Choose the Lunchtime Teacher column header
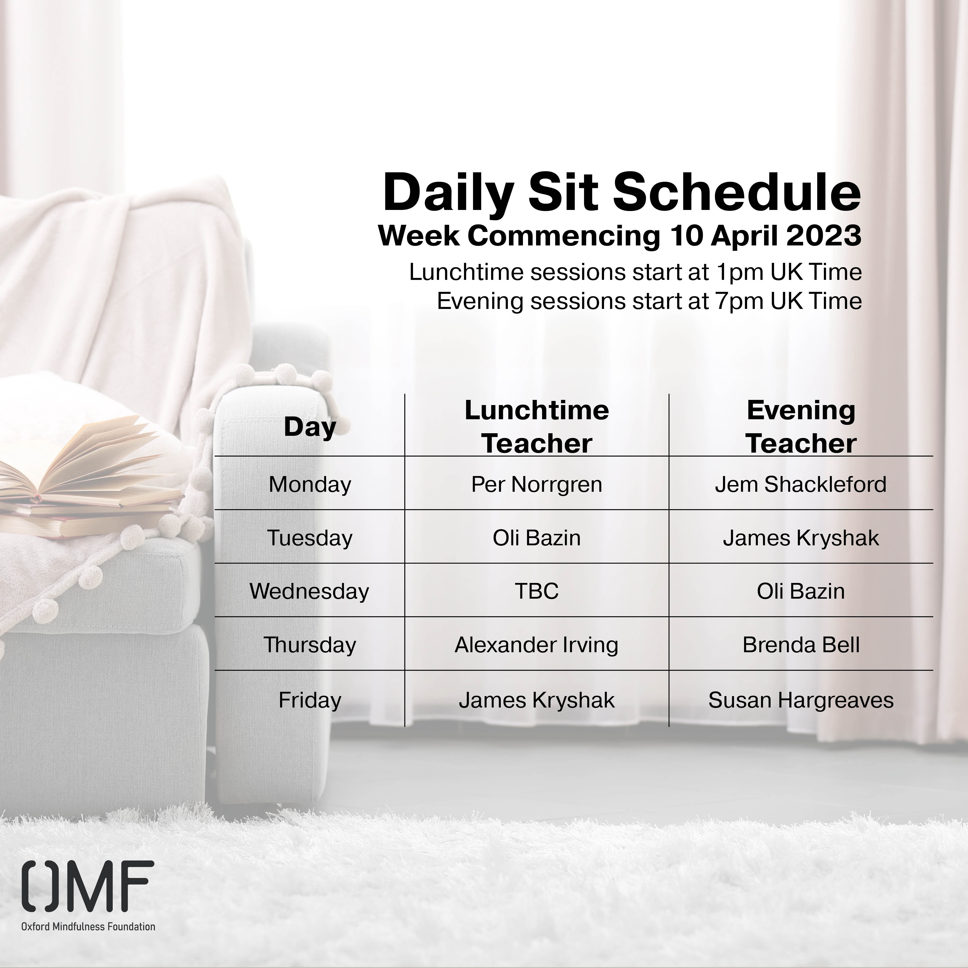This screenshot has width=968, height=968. pos(537,427)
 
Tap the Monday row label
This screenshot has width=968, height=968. pos(310,484)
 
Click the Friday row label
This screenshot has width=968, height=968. pos(310,700)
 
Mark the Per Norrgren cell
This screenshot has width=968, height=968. pos(537,484)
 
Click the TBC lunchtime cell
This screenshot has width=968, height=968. pos(537,591)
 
